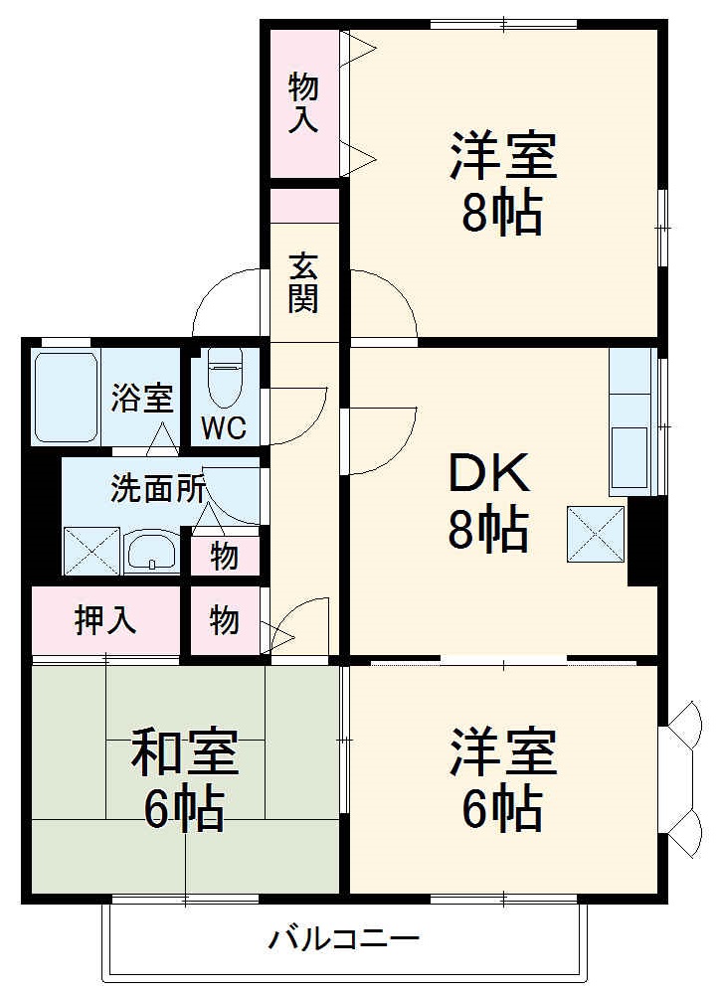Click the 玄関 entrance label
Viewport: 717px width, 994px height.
(x=303, y=282)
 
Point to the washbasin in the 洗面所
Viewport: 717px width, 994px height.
(x=151, y=552)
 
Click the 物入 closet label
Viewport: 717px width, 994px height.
(x=303, y=102)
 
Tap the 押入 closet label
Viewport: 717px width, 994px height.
(x=105, y=620)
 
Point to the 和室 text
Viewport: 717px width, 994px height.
(x=185, y=752)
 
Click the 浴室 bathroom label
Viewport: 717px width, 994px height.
(x=142, y=399)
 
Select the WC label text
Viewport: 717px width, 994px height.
(x=225, y=429)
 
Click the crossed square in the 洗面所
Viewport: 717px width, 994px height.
(x=91, y=552)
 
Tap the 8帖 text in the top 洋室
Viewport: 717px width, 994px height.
(x=502, y=213)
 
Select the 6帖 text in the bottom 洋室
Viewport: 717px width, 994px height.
(x=502, y=809)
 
